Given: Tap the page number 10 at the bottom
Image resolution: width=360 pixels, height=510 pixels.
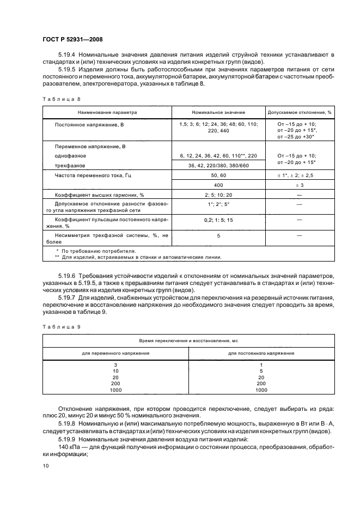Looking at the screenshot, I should click(x=46, y=465).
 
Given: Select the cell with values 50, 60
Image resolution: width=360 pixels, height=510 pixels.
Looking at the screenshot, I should click(x=218, y=175).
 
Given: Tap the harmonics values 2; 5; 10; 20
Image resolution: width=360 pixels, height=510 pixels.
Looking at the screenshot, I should click(x=218, y=195).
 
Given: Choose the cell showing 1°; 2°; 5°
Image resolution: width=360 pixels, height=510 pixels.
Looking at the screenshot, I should click(x=218, y=204).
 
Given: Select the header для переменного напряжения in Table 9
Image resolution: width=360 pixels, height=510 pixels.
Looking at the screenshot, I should click(x=115, y=353).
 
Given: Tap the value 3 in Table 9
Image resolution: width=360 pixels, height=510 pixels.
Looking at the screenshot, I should click(x=115, y=365).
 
